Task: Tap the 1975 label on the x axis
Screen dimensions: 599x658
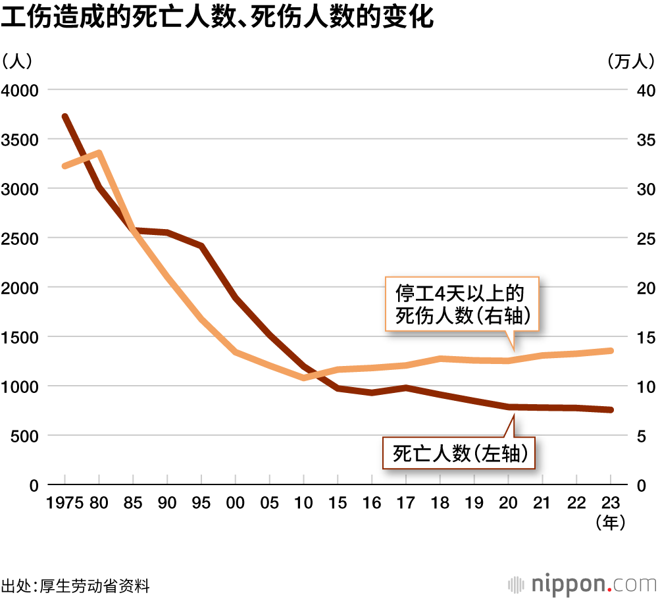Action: [64, 503]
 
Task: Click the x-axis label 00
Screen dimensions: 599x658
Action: [235, 503]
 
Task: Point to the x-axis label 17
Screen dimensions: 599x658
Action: [406, 503]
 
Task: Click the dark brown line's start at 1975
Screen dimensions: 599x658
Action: [65, 117]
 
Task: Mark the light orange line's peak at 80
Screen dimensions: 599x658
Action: [99, 153]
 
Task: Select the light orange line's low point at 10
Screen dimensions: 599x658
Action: [303, 378]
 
